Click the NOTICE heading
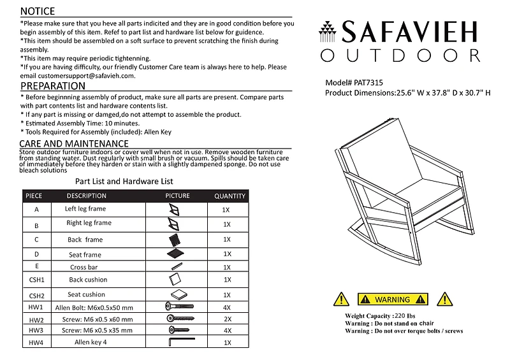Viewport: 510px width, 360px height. point(38,11)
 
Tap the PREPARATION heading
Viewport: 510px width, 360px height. point(53,86)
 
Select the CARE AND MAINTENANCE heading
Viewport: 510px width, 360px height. point(74,143)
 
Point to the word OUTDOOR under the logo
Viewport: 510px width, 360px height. point(400,55)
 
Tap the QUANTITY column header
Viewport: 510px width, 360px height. point(230,196)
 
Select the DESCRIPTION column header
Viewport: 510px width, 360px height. point(87,196)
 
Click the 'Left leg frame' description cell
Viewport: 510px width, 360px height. point(85,209)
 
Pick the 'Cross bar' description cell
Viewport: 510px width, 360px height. point(84,268)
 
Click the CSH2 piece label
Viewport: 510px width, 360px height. point(37,296)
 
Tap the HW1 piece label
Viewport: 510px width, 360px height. point(36,308)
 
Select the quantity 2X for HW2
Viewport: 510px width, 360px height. point(228,319)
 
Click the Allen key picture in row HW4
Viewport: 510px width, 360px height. point(177,343)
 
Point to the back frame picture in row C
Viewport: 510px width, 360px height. point(176,240)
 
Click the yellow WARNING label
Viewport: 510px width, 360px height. point(393,299)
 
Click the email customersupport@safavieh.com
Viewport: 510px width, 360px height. point(78,75)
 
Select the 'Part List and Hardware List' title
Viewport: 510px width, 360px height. point(124,182)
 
